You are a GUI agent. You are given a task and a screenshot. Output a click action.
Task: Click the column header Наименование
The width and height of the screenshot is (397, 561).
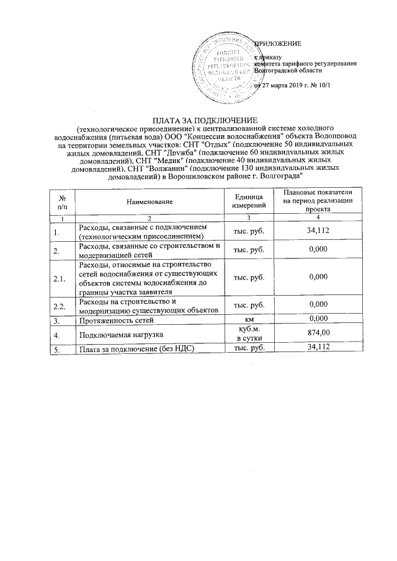point(149,201)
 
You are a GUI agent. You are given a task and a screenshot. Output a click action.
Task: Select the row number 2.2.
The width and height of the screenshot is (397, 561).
point(60,306)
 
